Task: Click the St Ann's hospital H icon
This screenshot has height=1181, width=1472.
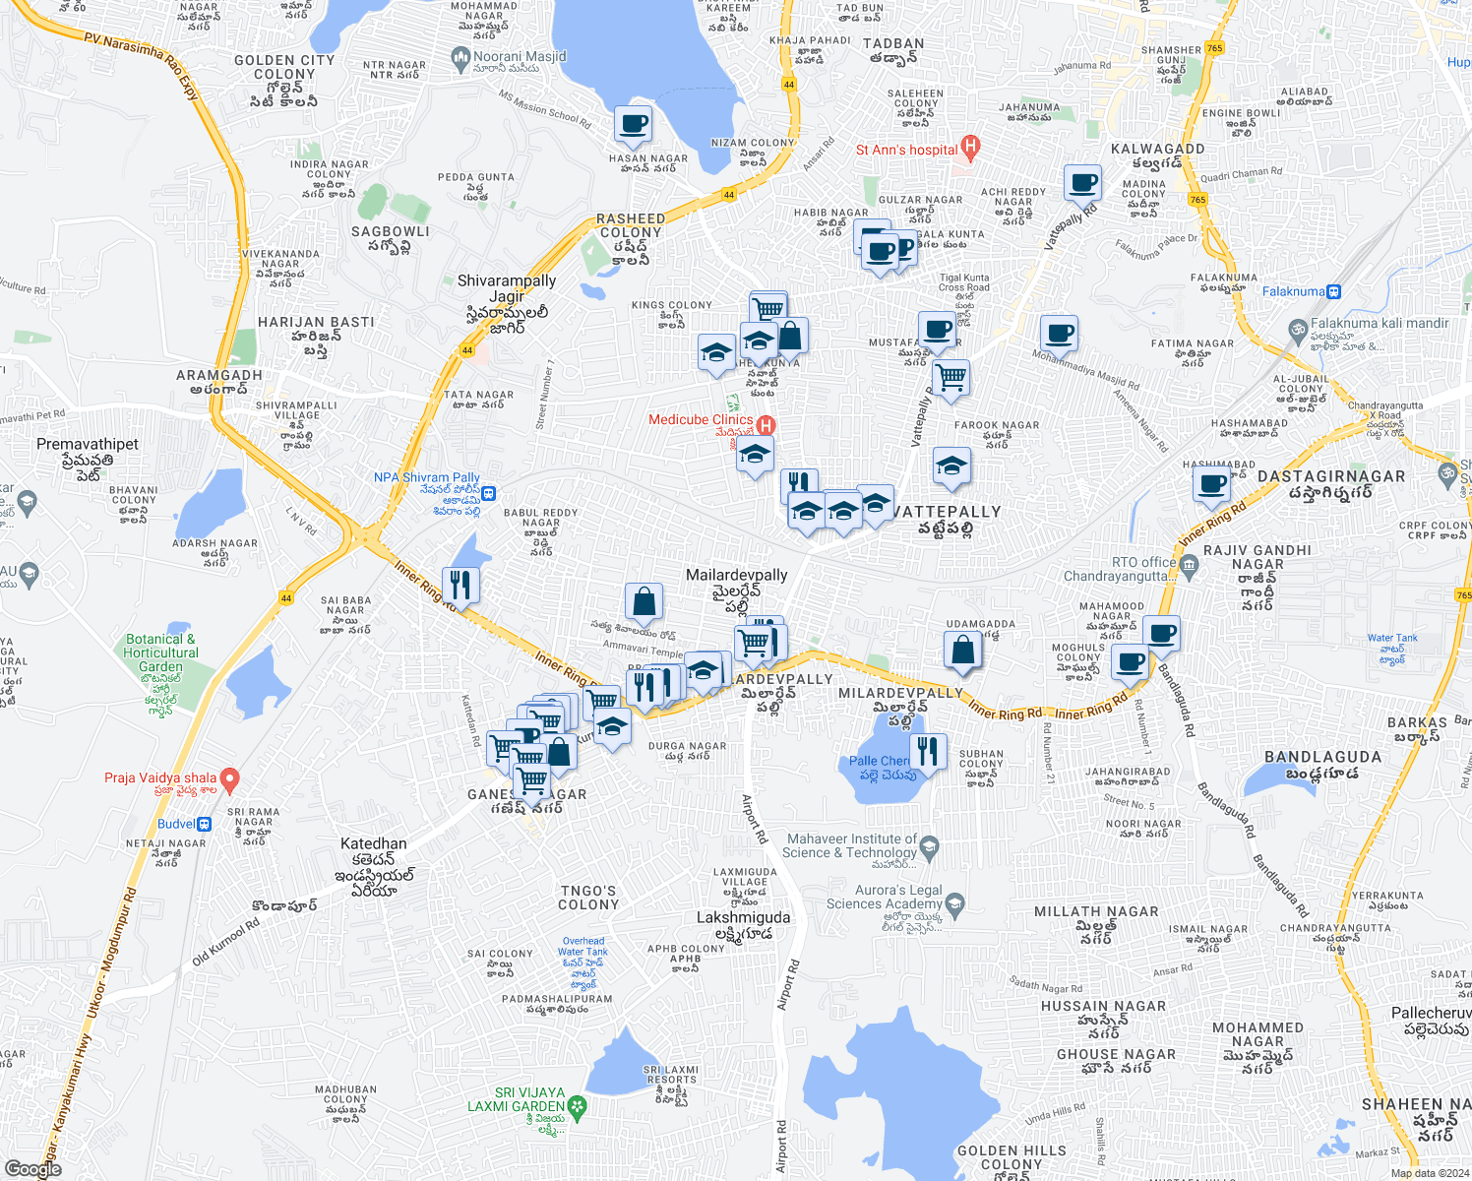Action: [970, 150]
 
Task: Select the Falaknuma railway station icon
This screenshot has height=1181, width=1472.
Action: [1333, 291]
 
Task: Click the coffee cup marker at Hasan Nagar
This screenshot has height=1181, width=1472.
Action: [633, 124]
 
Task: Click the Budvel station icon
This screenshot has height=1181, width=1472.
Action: [204, 824]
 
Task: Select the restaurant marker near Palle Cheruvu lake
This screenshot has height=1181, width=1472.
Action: [927, 751]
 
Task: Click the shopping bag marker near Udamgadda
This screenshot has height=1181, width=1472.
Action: [962, 650]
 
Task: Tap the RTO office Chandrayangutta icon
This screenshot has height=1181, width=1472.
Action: [1189, 564]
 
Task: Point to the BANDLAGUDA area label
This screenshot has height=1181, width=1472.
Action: [1322, 757]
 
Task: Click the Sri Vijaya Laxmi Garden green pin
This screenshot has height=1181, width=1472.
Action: [577, 1107]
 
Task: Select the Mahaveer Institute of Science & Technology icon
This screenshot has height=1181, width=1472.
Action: [930, 845]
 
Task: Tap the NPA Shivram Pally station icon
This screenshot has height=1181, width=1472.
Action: [488, 494]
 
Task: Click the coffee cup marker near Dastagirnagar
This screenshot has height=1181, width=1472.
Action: [1211, 484]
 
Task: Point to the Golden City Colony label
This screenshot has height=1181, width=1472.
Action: [284, 67]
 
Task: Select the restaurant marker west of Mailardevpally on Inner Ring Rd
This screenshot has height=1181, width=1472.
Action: [460, 585]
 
